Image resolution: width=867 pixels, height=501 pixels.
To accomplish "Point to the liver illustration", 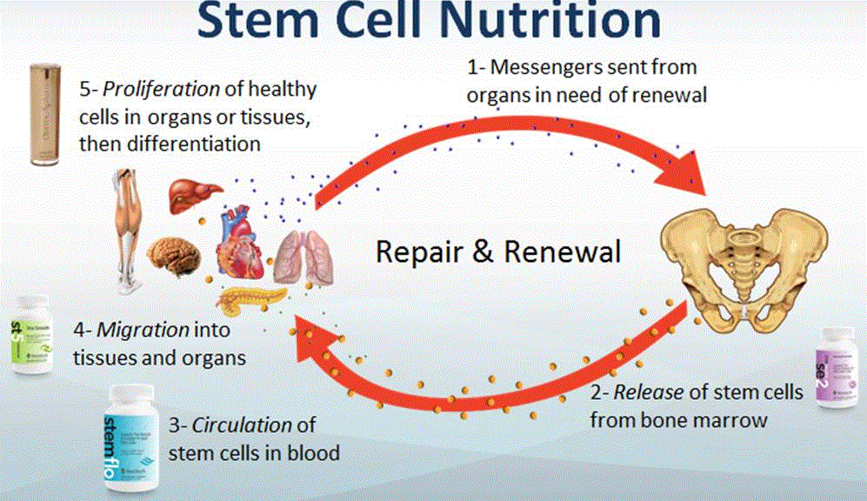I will [x=191, y=192].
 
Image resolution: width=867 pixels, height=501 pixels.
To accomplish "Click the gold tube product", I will [x=44, y=113].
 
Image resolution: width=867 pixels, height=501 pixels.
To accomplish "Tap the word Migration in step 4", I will [x=147, y=331].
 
